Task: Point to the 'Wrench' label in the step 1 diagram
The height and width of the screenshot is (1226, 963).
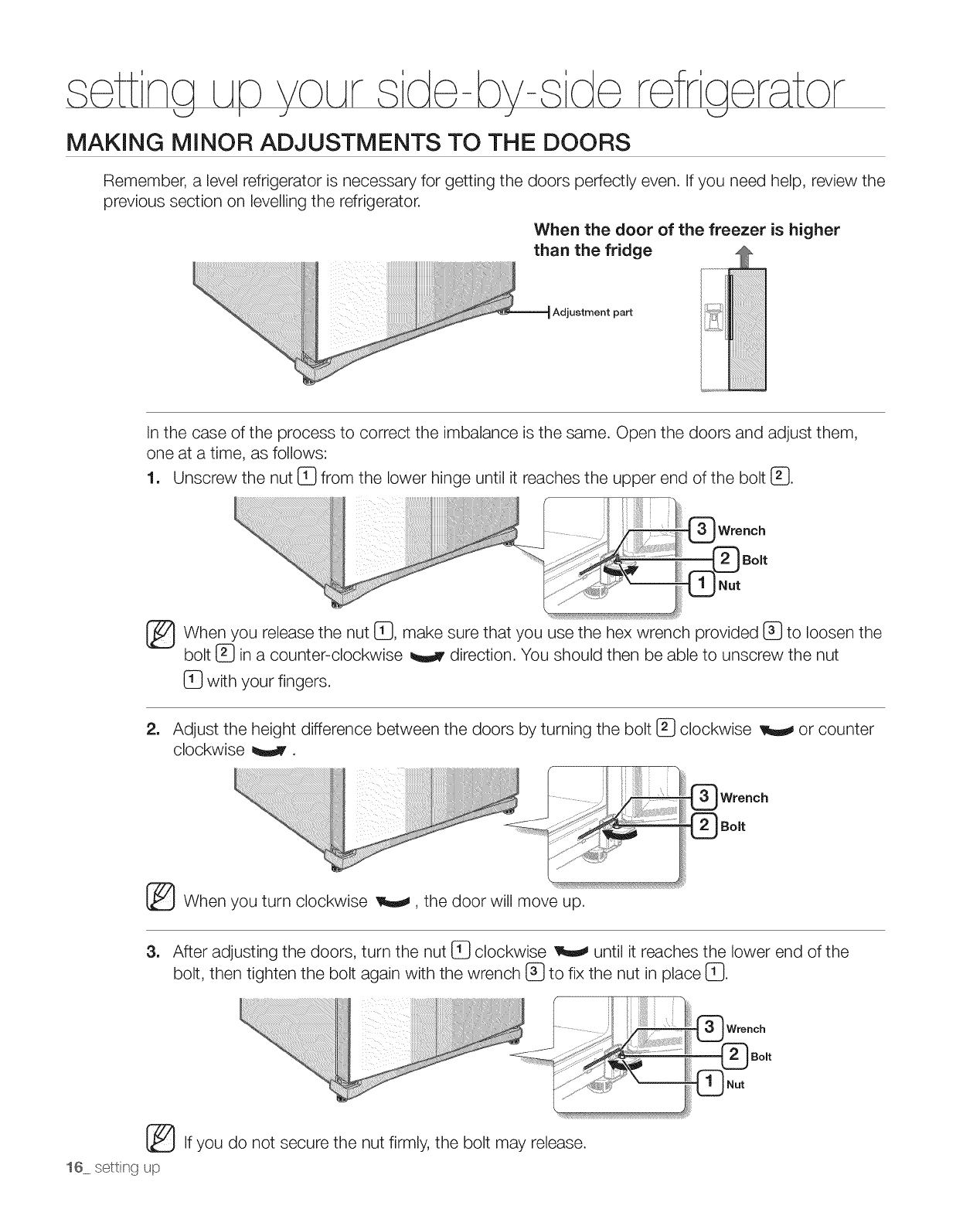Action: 742,530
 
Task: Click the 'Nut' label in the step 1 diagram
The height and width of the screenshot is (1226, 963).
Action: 730,585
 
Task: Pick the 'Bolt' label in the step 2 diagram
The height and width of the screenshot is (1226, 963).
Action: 733,826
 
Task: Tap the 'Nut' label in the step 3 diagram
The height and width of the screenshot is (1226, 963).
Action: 736,1085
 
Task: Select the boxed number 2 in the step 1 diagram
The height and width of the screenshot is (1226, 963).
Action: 727,559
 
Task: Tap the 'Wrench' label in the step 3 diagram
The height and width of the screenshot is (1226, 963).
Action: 746,1029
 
